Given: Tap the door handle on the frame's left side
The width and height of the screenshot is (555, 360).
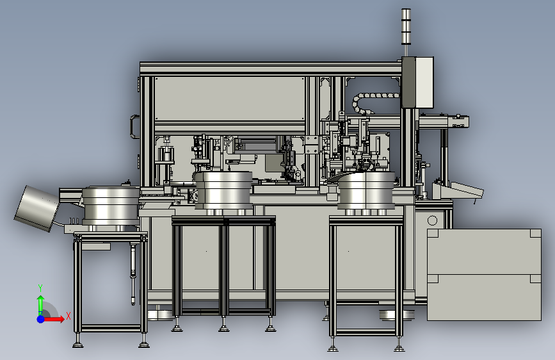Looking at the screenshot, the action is coord(134,126).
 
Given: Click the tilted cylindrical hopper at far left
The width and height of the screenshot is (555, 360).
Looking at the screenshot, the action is coord(36,208).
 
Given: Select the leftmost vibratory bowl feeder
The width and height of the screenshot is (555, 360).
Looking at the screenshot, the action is coord(111,207).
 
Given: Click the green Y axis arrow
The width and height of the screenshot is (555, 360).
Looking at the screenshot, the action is coord(41,305).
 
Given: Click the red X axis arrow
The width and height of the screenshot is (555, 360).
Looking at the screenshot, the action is coord(54,319).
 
